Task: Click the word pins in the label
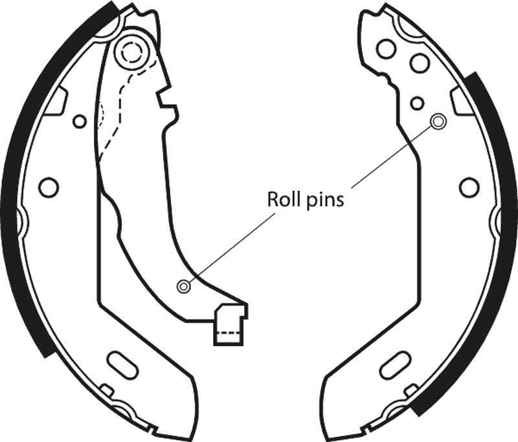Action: [x=325, y=201]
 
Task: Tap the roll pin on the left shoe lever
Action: [x=184, y=286]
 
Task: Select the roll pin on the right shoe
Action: [x=438, y=122]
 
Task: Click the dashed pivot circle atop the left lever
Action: [x=133, y=52]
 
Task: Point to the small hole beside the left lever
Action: [x=79, y=122]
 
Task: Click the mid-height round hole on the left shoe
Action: [x=49, y=188]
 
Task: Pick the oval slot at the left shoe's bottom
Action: [x=122, y=366]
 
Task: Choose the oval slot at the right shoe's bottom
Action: [x=396, y=366]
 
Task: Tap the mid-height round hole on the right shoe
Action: [x=469, y=188]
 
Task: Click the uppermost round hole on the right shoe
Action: [x=387, y=49]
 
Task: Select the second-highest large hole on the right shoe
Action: [x=420, y=62]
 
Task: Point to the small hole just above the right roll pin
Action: [x=417, y=103]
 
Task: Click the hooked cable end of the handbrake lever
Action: [x=231, y=325]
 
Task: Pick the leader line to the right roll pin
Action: [x=391, y=157]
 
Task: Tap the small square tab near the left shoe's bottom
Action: [x=106, y=390]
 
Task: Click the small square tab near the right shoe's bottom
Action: [x=412, y=390]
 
